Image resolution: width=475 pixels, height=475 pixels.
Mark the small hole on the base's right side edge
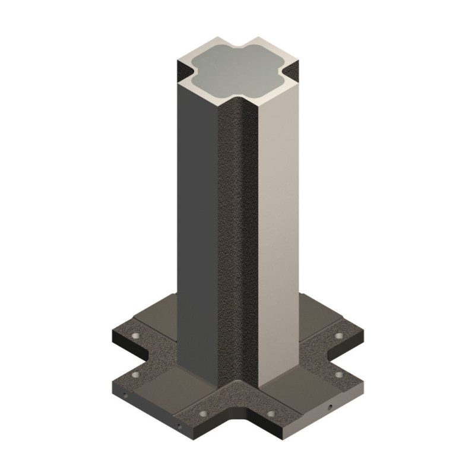pos(328,408)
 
